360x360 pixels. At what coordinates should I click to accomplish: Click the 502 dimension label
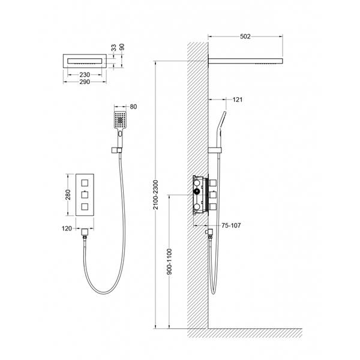point(245,37)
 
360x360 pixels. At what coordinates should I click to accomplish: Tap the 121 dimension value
point(238,100)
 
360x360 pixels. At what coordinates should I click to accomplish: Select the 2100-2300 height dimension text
point(156,194)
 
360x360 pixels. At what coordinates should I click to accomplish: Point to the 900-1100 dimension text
point(169,262)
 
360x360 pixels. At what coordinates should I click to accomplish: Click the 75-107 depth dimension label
point(231,226)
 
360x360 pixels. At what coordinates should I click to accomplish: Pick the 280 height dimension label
point(68,194)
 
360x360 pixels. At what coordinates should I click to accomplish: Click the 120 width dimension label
point(67,229)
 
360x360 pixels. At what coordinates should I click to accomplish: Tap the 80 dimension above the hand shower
point(133,107)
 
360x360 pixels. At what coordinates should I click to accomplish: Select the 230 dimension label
point(85,75)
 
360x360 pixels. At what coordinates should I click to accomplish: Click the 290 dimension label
point(85,82)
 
